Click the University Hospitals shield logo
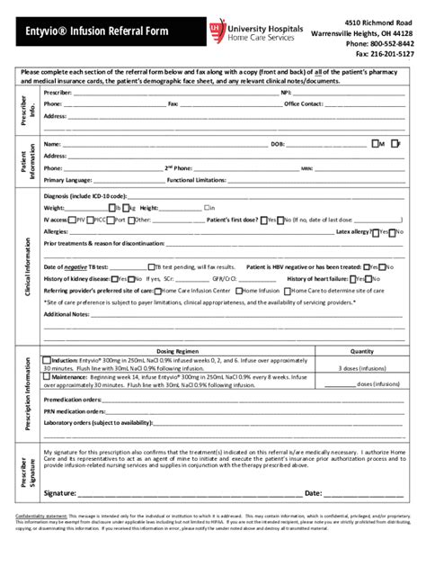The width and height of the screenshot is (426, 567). pyautogui.click(x=217, y=31)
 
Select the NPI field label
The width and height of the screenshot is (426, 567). pyautogui.click(x=286, y=92)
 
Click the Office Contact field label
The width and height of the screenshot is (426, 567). pyautogui.click(x=304, y=103)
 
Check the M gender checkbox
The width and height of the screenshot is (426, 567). pyautogui.click(x=375, y=143)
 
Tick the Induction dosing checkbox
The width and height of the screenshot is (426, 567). pyautogui.click(x=48, y=359)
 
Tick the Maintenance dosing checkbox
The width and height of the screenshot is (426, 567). pyautogui.click(x=48, y=377)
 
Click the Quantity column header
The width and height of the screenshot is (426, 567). pyautogui.click(x=361, y=350)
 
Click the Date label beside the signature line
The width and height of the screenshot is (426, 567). pyautogui.click(x=314, y=493)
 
